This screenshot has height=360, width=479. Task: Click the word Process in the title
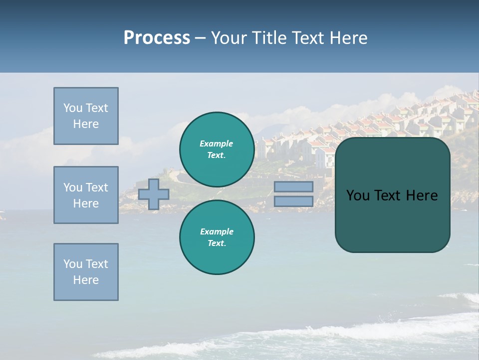click(157, 37)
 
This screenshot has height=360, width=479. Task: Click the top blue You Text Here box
click(86, 116)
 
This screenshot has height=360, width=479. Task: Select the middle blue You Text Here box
click(86, 195)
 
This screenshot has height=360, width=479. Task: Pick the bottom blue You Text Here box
click(86, 272)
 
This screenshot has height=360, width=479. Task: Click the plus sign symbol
click(154, 194)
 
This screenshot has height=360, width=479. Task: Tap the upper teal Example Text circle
click(217, 149)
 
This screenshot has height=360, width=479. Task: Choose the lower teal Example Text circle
click(217, 237)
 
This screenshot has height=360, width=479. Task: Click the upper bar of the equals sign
click(293, 186)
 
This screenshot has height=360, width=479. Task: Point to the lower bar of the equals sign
click(293, 201)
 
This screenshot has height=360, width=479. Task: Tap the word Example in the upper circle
click(217, 143)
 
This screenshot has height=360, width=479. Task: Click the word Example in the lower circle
click(217, 231)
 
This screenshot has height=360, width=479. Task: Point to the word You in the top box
click(72, 108)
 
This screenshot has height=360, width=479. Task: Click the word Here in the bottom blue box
click(86, 280)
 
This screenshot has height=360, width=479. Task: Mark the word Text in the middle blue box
click(96, 187)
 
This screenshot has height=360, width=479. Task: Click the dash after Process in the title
click(200, 38)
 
